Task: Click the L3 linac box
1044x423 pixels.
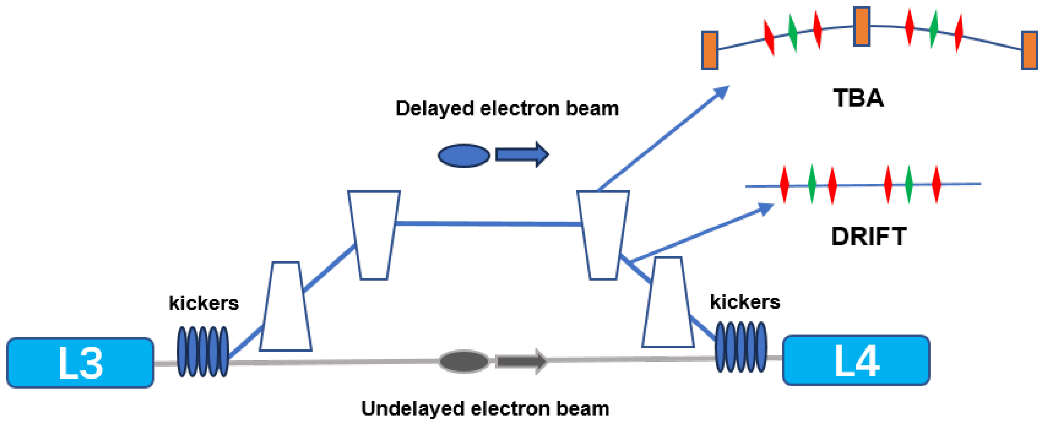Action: coord(80,363)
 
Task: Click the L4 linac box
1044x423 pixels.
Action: coord(856,360)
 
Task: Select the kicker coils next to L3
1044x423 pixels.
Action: coord(203,351)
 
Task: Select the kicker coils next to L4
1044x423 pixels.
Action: coord(740,347)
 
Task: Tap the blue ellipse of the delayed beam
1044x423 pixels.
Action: coord(464,155)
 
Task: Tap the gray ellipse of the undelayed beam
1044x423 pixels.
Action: coord(464,361)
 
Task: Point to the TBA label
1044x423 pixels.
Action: coord(858,98)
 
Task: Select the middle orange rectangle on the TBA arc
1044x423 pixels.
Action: coord(861,26)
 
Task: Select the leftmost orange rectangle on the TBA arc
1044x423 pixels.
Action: coord(710,50)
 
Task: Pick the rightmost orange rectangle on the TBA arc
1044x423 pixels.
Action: coord(1029,50)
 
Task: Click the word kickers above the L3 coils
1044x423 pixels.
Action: coord(203,303)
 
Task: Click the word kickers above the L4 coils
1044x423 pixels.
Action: coord(745,302)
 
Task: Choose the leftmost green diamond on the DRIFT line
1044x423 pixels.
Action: coord(812,184)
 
